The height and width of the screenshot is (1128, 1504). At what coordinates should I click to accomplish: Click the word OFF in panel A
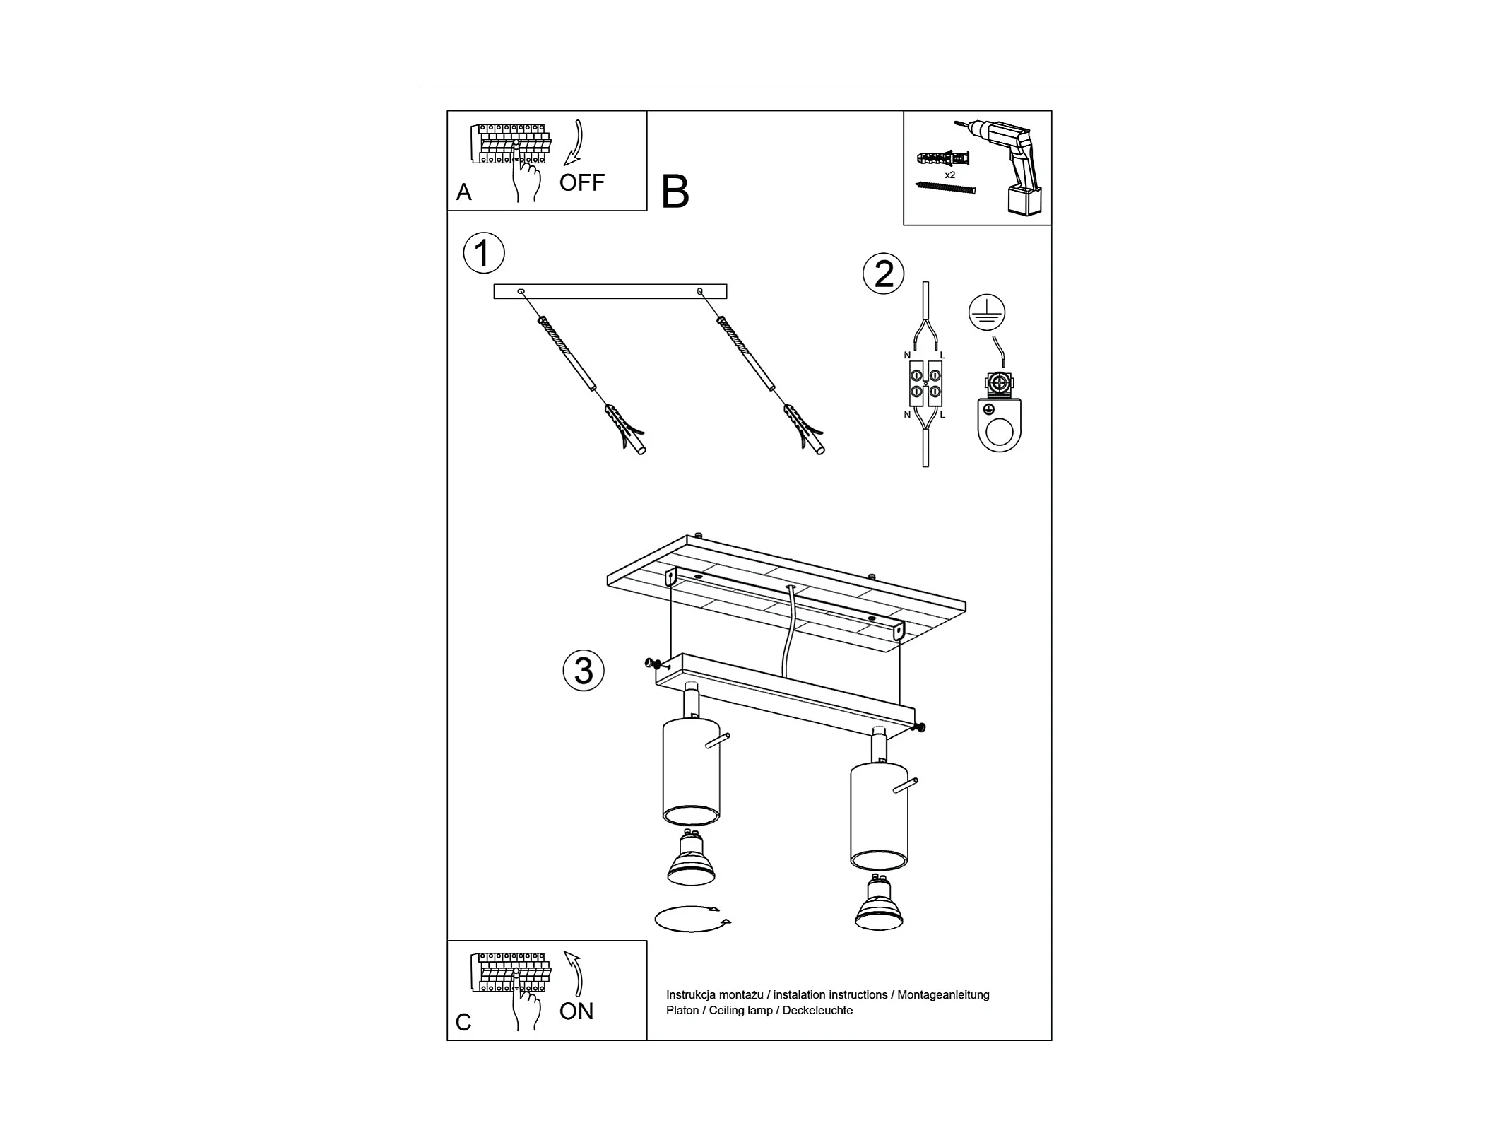(x=581, y=182)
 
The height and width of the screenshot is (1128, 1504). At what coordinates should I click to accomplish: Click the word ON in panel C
(x=576, y=1011)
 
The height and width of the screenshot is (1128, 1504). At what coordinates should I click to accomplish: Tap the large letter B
(x=675, y=192)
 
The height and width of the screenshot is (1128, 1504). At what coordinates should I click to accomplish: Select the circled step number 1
(x=484, y=253)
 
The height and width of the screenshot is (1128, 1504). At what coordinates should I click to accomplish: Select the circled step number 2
(x=884, y=274)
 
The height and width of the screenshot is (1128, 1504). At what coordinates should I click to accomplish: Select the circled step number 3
(x=584, y=670)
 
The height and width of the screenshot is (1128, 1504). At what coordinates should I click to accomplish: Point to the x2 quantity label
(x=949, y=175)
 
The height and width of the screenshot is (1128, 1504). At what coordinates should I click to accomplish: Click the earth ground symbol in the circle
(x=987, y=312)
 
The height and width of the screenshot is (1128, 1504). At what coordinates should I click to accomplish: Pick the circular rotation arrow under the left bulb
(x=692, y=919)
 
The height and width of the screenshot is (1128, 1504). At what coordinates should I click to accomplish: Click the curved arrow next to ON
(x=576, y=974)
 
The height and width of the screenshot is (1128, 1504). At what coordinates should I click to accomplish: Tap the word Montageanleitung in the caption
(x=943, y=995)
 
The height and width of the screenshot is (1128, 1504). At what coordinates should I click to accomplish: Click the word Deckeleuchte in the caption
(x=817, y=1011)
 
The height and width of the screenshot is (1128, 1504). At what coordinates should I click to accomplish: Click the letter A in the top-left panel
(x=463, y=192)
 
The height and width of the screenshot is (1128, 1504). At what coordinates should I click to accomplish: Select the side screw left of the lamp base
(x=654, y=664)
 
